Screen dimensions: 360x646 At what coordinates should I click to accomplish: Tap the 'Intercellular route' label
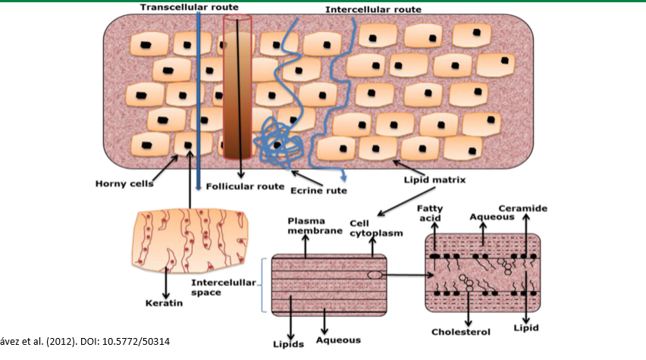[373, 10]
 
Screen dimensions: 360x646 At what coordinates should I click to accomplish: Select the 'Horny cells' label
[124, 183]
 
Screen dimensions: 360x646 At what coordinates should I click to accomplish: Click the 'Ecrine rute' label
[318, 190]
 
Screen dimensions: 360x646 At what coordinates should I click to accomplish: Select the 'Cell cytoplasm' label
[369, 228]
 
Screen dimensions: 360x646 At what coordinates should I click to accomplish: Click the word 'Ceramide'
[523, 208]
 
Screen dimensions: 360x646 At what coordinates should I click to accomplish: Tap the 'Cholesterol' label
[461, 331]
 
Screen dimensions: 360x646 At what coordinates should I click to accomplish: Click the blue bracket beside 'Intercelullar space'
[262, 284]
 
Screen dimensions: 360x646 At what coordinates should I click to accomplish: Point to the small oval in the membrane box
[375, 274]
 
